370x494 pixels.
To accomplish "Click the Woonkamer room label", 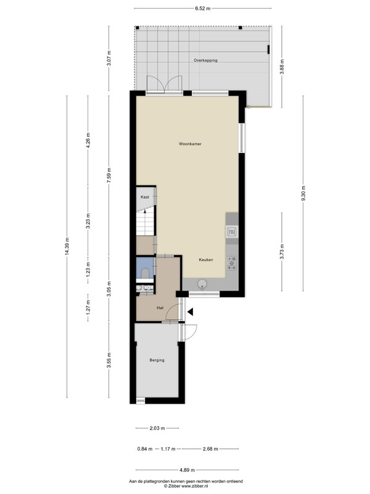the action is click(190, 144).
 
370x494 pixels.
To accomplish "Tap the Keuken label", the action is click(206, 260).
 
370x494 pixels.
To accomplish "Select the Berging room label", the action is click(157, 360).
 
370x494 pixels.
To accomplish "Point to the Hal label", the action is click(160, 308).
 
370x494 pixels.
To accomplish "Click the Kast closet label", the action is click(145, 197).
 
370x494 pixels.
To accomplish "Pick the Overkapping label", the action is click(205, 60).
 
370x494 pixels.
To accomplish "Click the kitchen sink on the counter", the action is click(232, 232).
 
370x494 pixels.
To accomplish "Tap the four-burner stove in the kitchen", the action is click(232, 263).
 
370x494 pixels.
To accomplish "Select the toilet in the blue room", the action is click(145, 273).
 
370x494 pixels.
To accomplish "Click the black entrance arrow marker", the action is click(190, 312).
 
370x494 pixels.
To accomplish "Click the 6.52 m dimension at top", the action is click(203, 9).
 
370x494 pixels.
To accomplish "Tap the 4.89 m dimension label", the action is click(187, 470).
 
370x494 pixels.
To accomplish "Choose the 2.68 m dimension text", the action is click(210, 449).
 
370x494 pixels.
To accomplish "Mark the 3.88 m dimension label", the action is click(282, 67).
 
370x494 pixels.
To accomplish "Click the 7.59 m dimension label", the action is click(109, 175).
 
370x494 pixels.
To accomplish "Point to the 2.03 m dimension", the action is click(157, 428).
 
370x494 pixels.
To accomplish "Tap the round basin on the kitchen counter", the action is click(202, 284).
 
